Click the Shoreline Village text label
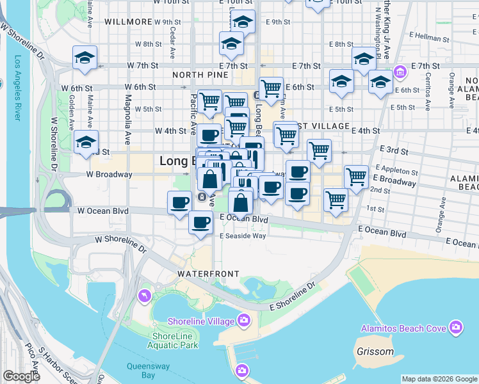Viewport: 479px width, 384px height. point(201,321)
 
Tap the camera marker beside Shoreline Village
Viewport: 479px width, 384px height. point(244,319)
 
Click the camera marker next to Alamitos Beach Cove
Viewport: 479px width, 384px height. point(455,328)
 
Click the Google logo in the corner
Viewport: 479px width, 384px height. point(21,376)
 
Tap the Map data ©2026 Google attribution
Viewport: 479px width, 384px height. point(439,379)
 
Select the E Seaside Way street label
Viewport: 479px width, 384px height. point(243,236)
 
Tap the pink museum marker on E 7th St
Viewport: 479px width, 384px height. point(401,71)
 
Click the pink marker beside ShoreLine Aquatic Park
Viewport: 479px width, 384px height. point(145,296)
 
